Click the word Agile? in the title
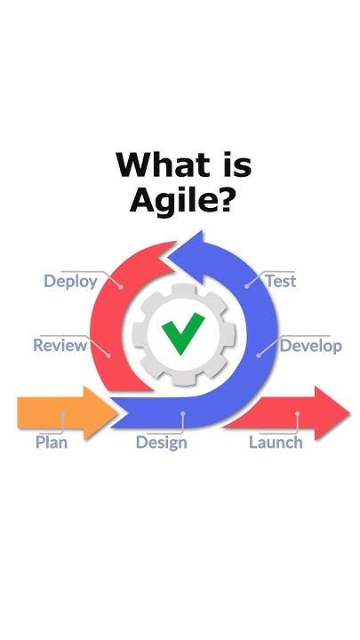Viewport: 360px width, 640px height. point(180,200)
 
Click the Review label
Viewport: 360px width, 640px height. point(60,345)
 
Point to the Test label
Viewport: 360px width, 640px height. point(280,282)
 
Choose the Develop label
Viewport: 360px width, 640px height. point(310,345)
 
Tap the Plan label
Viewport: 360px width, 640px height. point(52,442)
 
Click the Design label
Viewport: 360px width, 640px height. point(161,442)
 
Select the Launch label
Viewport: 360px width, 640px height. point(276,442)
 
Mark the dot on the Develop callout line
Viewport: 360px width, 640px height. point(259,353)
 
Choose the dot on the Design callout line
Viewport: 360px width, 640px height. point(180,413)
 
